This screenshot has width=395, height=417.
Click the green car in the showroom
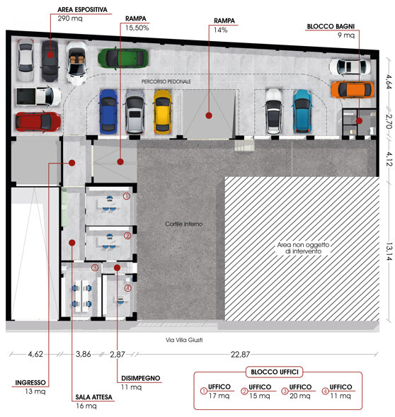(x=123, y=58)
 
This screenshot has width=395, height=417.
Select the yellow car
(x=162, y=112)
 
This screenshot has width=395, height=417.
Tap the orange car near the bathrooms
(x=353, y=90)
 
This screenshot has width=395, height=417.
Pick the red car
(x=38, y=122)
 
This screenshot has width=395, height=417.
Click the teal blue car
(x=302, y=111)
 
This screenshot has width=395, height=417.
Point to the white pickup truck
(x=38, y=96)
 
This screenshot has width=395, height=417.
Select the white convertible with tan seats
(x=76, y=63)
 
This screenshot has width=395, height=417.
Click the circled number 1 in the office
(x=126, y=196)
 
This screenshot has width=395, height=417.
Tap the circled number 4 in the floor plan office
(x=128, y=288)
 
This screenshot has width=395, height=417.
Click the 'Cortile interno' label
(x=184, y=224)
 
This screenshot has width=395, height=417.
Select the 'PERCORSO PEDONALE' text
(x=166, y=81)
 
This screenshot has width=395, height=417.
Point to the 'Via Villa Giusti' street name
(x=184, y=340)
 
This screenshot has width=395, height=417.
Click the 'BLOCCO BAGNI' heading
(x=331, y=26)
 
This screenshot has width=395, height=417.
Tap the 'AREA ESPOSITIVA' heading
(x=82, y=10)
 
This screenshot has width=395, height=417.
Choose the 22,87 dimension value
(x=240, y=354)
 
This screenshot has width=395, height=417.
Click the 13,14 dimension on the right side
(x=389, y=251)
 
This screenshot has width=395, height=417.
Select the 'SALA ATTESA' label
(x=93, y=397)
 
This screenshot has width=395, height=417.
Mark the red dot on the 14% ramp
(x=209, y=115)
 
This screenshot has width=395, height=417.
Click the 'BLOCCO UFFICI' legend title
(x=275, y=372)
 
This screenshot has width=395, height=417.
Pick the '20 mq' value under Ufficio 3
(x=299, y=396)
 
